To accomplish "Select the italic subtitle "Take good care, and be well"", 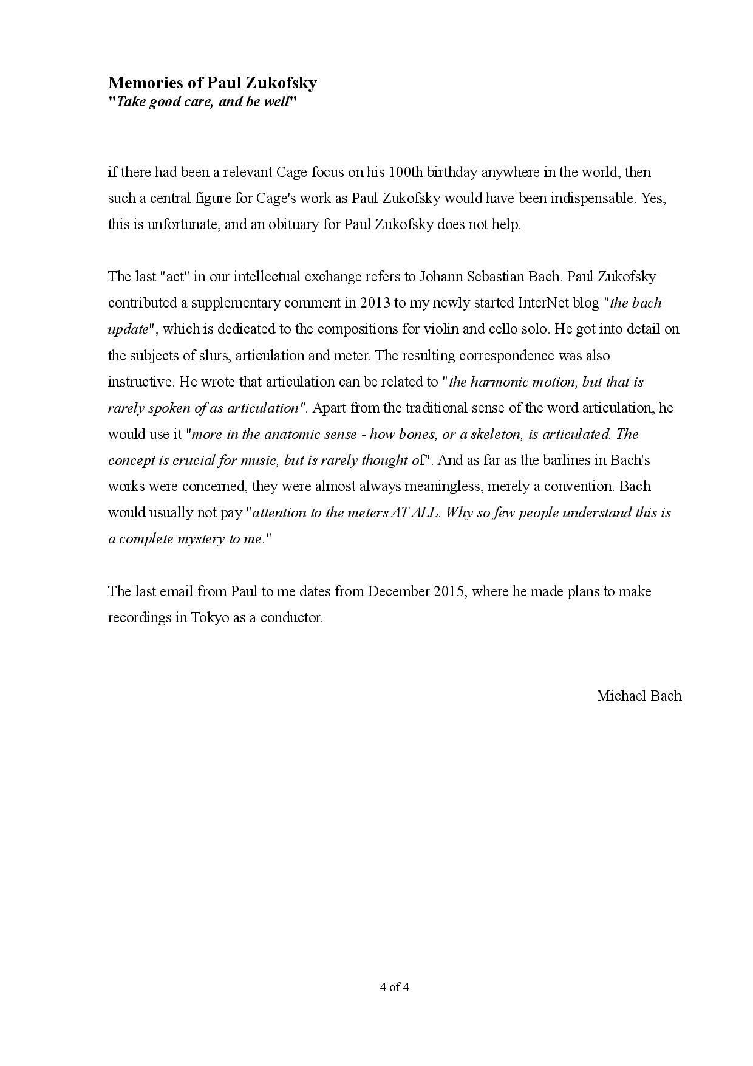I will [202, 101].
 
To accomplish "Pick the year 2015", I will [449, 591].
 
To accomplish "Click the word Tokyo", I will [210, 617].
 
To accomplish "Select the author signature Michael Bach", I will [639, 696].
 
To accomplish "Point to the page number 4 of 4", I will [395, 987].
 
